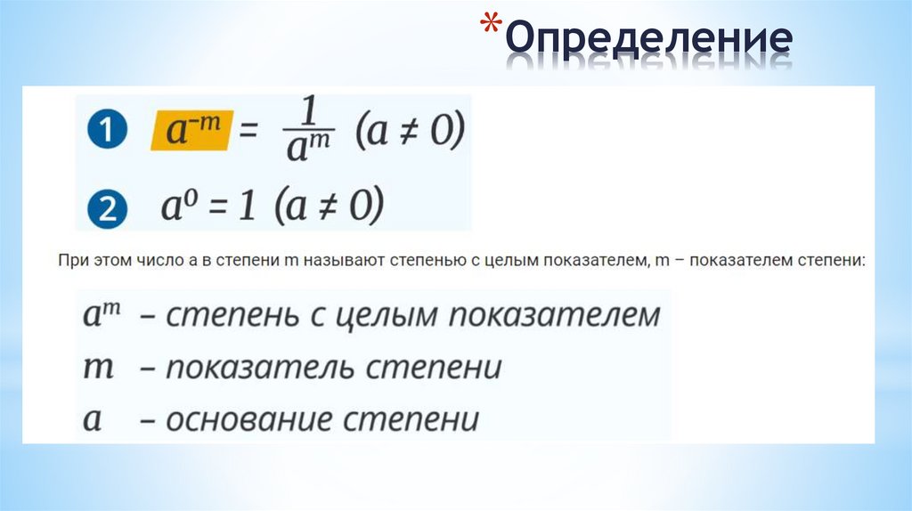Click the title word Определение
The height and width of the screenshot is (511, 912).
[x=649, y=39]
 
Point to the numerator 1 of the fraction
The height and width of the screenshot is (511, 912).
[x=310, y=113]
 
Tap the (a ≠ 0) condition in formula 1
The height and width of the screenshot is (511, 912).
[x=410, y=134]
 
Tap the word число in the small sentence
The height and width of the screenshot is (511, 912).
[x=147, y=263]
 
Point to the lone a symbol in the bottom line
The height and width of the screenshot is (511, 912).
[x=92, y=419]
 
